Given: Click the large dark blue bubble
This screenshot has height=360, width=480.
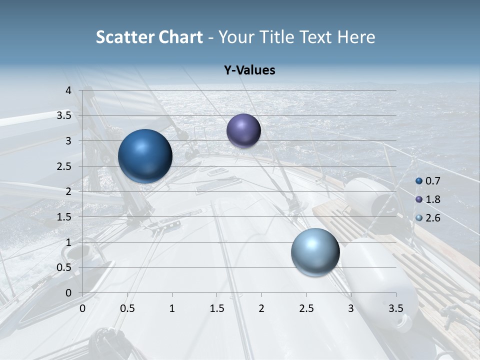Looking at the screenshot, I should (x=145, y=156).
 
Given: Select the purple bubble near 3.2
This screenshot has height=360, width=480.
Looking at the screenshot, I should (x=243, y=130).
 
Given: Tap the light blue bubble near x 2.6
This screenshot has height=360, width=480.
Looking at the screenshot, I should (x=315, y=252).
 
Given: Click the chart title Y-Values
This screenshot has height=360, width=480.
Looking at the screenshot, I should (x=249, y=70).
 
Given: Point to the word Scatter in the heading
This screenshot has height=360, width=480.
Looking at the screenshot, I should (x=125, y=37).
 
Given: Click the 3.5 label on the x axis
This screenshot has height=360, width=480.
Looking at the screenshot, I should (x=395, y=308).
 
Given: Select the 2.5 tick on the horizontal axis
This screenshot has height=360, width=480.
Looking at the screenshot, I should (x=306, y=308).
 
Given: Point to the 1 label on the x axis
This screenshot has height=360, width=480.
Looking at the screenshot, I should (x=172, y=308).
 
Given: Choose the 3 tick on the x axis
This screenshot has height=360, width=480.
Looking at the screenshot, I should (x=351, y=308).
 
